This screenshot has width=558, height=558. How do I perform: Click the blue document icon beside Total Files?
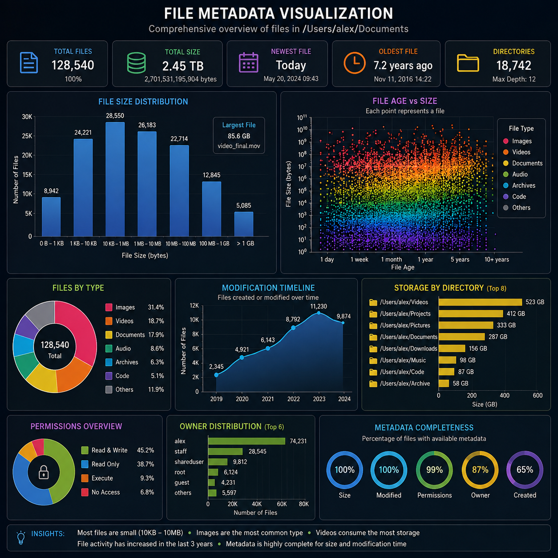[x=28, y=63]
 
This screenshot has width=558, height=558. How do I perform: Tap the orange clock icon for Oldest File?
[x=355, y=63]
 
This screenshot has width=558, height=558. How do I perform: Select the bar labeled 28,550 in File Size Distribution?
[x=115, y=179]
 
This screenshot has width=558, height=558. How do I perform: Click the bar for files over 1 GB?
[x=243, y=224]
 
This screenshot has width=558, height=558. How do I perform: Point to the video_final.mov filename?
[x=239, y=146]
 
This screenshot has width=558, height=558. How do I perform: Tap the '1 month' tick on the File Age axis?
[x=391, y=259]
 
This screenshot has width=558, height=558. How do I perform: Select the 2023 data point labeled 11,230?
[x=319, y=313]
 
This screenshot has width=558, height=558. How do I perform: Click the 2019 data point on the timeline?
[x=216, y=375]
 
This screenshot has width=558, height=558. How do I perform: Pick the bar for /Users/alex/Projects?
[x=470, y=314]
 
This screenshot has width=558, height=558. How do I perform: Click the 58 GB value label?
[x=461, y=384]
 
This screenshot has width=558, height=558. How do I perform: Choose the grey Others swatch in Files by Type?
[x=109, y=389]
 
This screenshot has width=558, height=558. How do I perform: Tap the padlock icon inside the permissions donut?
[x=44, y=472]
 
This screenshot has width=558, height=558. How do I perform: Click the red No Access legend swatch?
[x=85, y=492]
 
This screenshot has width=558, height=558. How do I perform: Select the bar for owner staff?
[x=225, y=451]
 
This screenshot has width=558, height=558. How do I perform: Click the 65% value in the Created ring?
[x=525, y=470]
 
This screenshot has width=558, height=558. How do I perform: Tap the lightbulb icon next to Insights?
[x=21, y=538]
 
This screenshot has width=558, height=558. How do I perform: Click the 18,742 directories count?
[x=514, y=65]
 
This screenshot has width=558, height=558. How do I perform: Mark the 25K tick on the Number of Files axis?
[x=27, y=136]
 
